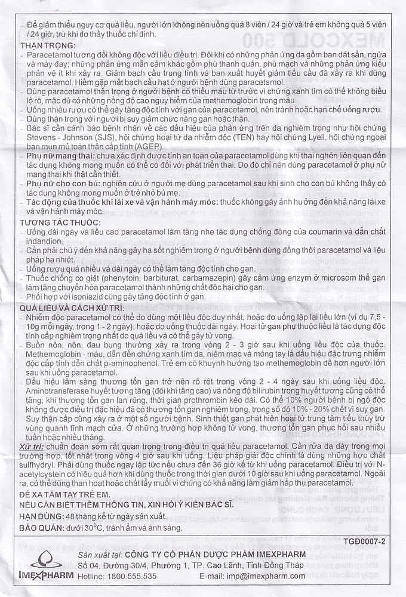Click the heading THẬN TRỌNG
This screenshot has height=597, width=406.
click(x=43, y=45)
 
